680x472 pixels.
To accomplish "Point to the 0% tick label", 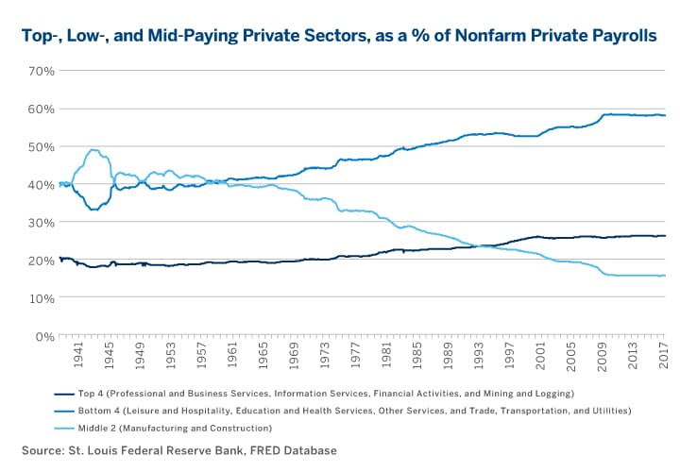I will coord(43,335).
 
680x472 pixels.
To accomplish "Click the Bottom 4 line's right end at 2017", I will coord(664,115).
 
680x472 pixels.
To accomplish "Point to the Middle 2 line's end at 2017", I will coord(664,276).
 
